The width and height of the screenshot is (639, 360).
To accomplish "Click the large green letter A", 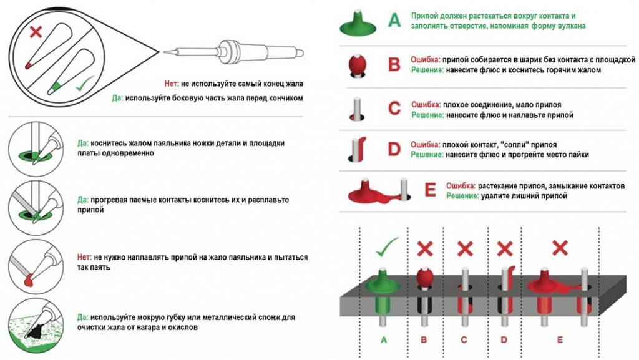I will coord(394,21).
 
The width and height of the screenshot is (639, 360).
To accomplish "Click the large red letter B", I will coord(394,65).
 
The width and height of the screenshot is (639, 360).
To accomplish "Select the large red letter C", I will coord(394,108).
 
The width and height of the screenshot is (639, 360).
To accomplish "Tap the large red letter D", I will coord(394,149).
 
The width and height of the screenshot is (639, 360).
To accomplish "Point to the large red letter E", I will coord(430,190).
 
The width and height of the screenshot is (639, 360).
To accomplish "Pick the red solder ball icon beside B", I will coord(359,64).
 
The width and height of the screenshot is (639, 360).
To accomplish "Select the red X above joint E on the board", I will coord(560,248).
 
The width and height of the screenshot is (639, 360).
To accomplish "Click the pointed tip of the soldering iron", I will coord(165,52).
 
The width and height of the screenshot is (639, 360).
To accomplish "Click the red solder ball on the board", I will coord(424,276).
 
